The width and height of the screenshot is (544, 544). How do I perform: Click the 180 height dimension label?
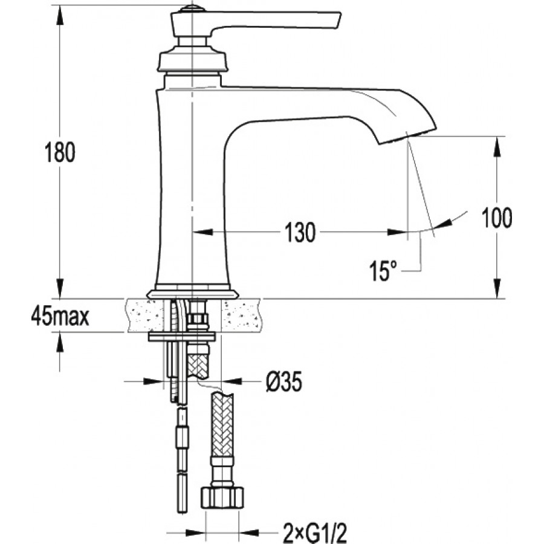[60, 153]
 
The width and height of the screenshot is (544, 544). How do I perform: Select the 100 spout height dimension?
[496, 218]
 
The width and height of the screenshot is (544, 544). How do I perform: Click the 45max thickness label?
[60, 316]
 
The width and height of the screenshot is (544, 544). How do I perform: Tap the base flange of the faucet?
[193, 294]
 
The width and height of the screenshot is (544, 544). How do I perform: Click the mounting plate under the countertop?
[182, 336]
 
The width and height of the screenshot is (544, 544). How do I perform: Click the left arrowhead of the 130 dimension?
[202, 232]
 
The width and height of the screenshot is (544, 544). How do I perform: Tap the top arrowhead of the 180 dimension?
[60, 15]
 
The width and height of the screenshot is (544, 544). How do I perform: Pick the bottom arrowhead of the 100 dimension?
[497, 288]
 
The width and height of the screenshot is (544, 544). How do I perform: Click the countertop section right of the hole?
[242, 316]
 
